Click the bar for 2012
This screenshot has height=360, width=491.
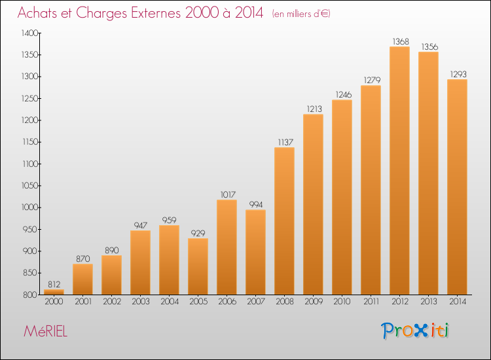pyautogui.click(x=399, y=171)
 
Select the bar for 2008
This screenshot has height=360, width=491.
pyautogui.click(x=284, y=221)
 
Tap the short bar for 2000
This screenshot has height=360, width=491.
pyautogui.click(x=54, y=292)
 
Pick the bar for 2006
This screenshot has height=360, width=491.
pyautogui.click(x=227, y=247)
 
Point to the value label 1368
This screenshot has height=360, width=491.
pyautogui.click(x=401, y=41)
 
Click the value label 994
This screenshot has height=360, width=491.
pyautogui.click(x=256, y=204)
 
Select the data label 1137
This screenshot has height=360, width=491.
pyautogui.click(x=285, y=143)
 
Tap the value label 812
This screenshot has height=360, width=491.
pyautogui.click(x=54, y=284)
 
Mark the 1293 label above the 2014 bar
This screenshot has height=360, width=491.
pyautogui.click(x=458, y=74)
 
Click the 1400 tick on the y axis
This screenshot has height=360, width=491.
pyautogui.click(x=29, y=33)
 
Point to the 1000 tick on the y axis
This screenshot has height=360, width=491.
pyautogui.click(x=29, y=207)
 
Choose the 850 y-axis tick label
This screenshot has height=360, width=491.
pyautogui.click(x=30, y=273)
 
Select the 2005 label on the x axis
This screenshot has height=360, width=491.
pyautogui.click(x=198, y=302)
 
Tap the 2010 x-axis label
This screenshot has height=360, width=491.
pyautogui.click(x=342, y=302)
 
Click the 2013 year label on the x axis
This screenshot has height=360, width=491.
pyautogui.click(x=429, y=302)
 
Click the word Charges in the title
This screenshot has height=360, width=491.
pyautogui.click(x=101, y=13)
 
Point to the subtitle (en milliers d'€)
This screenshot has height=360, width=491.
pyautogui.click(x=301, y=14)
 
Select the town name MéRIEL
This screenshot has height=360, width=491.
pyautogui.click(x=45, y=331)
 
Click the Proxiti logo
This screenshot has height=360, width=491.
pyautogui.click(x=415, y=331)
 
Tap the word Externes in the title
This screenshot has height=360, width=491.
pyautogui.click(x=156, y=13)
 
